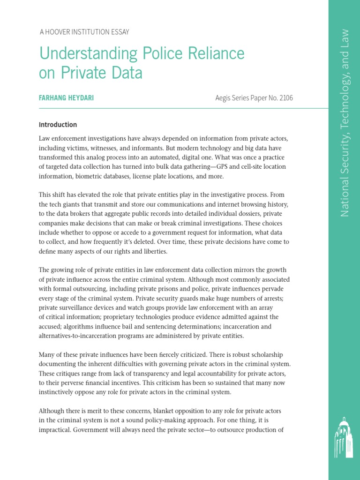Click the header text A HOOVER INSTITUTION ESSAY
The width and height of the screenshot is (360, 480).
(84, 32)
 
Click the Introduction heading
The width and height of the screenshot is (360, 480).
(58, 125)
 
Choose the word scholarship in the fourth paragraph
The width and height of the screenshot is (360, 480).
(262, 354)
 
